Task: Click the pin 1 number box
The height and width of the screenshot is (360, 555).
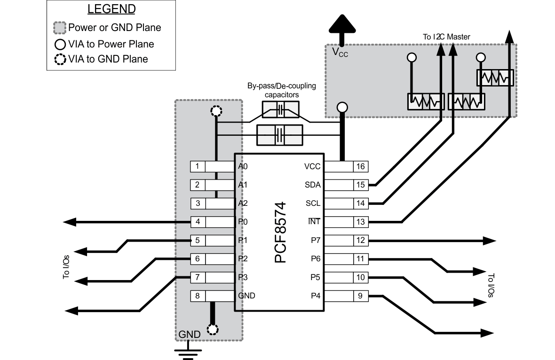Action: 198,166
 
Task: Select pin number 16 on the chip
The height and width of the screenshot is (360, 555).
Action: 360,166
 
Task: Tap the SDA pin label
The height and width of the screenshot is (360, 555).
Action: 313,185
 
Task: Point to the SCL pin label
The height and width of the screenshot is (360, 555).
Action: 313,203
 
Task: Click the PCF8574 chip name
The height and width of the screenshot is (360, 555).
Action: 280,232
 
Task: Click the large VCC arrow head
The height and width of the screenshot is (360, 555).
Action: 342,23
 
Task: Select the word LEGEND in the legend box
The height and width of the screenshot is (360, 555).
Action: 111,9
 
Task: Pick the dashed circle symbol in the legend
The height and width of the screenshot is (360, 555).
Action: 60,59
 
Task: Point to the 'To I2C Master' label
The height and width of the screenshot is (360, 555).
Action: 445,37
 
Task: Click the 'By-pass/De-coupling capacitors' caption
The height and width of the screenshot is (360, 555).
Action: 281,90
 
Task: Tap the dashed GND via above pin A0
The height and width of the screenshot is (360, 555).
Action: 216,112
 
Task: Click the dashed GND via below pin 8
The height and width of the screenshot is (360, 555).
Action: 213,329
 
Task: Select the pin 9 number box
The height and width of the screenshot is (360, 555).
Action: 360,296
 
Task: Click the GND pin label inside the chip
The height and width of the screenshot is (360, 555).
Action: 247,296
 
